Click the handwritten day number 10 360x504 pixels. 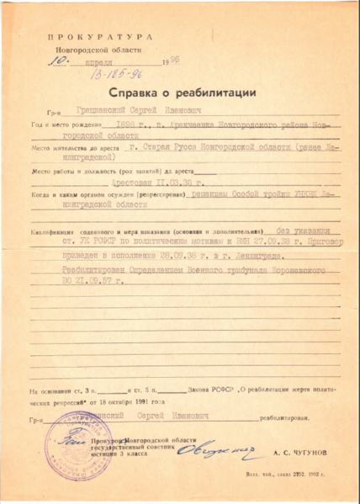tap(56, 61)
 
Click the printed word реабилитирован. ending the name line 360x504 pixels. tap(287, 416)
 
